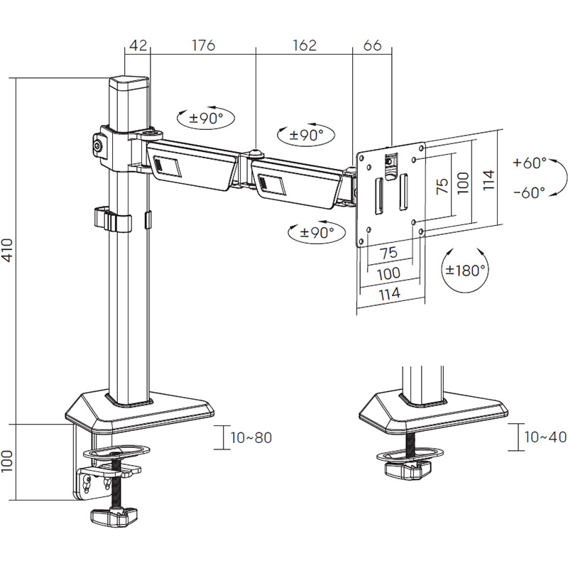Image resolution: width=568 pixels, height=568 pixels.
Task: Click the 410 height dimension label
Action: (8, 250)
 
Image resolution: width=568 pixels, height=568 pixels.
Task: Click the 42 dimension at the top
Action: (138, 46)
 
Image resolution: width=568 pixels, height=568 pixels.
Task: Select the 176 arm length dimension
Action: (203, 46)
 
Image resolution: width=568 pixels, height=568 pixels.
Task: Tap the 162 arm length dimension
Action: (304, 46)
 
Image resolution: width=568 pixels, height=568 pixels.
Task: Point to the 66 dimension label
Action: (372, 46)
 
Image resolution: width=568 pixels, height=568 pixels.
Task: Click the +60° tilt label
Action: (529, 163)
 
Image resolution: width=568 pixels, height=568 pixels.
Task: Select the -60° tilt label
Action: (529, 192)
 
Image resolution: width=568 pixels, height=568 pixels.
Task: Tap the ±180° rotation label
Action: (466, 270)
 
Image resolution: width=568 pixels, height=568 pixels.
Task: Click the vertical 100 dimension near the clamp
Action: (8, 463)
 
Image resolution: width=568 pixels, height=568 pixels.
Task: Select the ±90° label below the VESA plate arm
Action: (312, 231)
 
